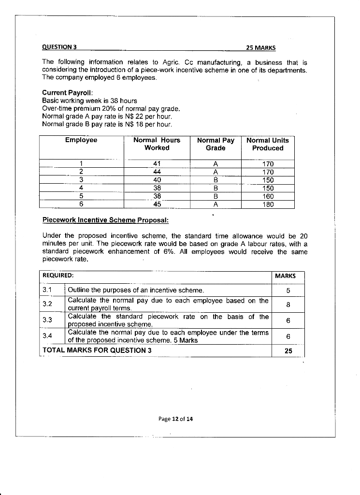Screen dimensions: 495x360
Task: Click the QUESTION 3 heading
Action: [x=59, y=47]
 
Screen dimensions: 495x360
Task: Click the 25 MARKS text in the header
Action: [x=260, y=48]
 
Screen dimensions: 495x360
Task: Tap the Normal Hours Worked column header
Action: [x=157, y=144]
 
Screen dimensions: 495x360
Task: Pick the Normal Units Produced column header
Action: [x=267, y=144]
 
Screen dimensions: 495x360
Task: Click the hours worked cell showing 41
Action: [x=157, y=164]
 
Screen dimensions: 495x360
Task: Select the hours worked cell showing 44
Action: [x=157, y=172]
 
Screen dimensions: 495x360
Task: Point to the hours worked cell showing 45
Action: [x=157, y=204]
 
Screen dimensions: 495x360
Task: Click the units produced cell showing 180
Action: [x=268, y=204]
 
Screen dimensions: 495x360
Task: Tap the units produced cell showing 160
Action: [x=268, y=196]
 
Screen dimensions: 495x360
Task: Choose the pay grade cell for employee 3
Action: [x=216, y=180]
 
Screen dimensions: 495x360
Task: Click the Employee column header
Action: [x=81, y=140]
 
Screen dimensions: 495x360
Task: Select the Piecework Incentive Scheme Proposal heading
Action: [x=105, y=220]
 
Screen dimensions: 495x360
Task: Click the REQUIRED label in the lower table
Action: [x=58, y=276]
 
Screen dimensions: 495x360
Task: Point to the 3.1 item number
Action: [x=47, y=290]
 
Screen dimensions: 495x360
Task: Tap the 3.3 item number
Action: [x=47, y=320]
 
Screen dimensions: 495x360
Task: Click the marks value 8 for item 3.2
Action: [x=288, y=305]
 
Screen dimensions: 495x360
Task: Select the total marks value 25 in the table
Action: [x=288, y=351]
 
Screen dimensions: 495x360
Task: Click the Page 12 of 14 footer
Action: [x=175, y=419]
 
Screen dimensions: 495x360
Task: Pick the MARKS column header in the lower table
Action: [x=285, y=276]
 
